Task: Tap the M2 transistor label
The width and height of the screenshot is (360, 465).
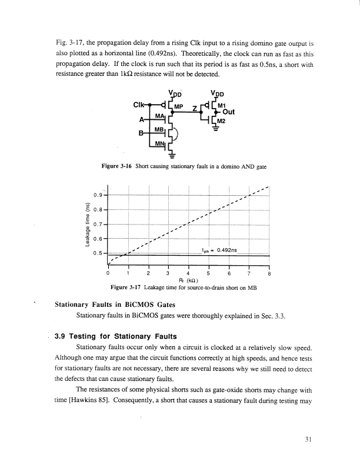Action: click(x=222, y=121)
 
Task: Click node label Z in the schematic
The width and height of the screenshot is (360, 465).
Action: click(x=194, y=109)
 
